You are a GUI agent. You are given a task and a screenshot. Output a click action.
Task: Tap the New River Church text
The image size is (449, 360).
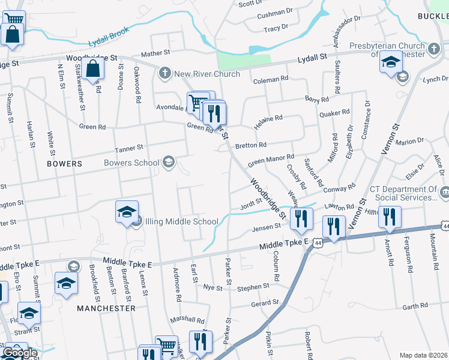207,74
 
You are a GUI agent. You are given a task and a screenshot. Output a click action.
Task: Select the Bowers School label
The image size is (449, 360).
131,163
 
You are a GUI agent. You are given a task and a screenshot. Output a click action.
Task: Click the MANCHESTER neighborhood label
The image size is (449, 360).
106,308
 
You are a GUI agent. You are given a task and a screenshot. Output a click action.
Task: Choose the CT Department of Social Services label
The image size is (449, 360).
403,193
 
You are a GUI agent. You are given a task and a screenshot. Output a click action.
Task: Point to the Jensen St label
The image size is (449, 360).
267,227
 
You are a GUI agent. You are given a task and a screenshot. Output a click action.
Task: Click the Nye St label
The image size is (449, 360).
212,287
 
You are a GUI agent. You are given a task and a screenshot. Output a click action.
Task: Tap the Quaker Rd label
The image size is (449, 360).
335,113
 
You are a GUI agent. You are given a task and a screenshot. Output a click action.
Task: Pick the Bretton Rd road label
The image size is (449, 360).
251,145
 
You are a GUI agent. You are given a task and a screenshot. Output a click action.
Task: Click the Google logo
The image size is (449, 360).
19,353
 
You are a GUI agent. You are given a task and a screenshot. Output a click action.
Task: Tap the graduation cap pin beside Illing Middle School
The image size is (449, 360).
127,212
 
